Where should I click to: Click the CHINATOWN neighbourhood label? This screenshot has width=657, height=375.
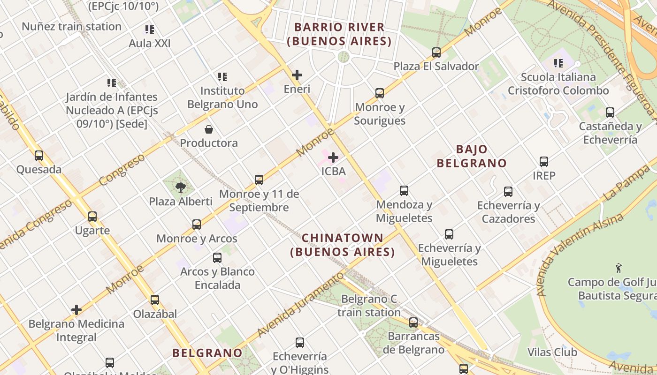343,245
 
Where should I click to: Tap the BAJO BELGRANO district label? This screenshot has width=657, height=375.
472,156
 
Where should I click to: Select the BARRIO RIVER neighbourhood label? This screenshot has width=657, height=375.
339,34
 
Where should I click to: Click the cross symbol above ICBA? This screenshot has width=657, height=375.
333,157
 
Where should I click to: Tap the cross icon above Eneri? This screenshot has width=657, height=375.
297,75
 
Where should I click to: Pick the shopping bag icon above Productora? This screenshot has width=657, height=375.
209,129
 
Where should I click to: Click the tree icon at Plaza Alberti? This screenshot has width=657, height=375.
180,188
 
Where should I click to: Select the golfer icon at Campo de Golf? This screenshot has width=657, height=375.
619,269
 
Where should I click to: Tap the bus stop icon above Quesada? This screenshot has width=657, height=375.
39,156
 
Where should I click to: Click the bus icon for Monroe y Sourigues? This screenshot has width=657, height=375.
380,93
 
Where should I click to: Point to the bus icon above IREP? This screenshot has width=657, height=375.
544,162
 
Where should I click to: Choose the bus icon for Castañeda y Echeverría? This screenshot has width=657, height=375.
610,112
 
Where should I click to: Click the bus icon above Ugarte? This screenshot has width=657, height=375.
92,217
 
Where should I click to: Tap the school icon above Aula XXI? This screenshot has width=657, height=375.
150,30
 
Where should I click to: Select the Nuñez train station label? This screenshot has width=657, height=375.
71,26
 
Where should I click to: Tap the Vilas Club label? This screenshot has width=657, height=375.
552,352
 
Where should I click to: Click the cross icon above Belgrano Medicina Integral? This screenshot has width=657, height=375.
76,310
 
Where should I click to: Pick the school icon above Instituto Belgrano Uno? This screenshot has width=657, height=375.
222,77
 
